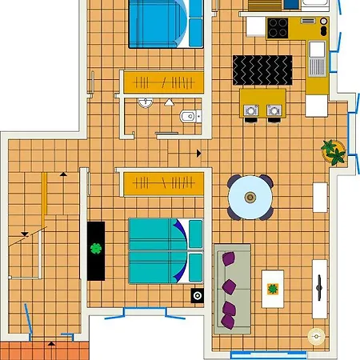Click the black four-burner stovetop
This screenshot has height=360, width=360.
click(278, 28)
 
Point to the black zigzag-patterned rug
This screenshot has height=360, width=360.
click(262, 70)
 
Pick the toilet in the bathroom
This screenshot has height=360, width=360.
click(188, 117)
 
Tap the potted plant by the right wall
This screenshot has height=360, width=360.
click(334, 150)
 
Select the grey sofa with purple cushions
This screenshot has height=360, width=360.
click(232, 289)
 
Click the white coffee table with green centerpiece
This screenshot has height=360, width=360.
click(273, 288)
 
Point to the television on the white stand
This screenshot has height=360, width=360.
click(320, 285)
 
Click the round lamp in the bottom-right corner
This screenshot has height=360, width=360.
click(317, 337)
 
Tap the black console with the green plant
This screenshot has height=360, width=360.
click(97, 250)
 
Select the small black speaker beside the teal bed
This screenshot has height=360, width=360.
click(198, 296)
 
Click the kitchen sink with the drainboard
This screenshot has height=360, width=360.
click(317, 56)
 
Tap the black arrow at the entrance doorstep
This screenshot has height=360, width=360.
click(52, 342)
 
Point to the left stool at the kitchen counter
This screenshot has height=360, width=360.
click(252, 112)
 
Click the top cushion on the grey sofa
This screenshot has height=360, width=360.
click(230, 259)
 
